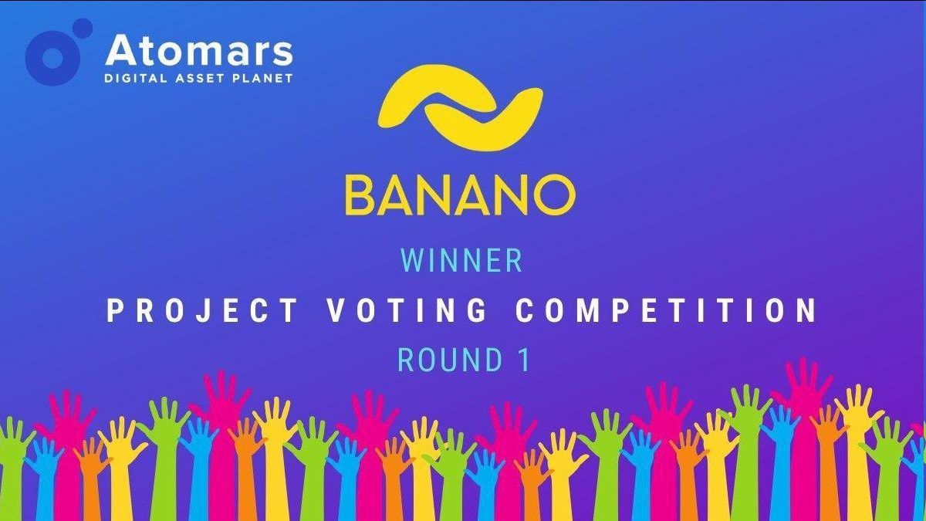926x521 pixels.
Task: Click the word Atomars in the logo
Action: [x=199, y=50]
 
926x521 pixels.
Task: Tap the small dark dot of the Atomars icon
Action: [x=82, y=28]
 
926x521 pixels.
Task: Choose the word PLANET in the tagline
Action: [x=263, y=78]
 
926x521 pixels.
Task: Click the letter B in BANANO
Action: [x=360, y=195]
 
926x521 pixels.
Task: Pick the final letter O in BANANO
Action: [x=554, y=195]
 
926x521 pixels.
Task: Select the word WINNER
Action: [x=461, y=261]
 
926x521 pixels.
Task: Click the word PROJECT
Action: [x=201, y=311]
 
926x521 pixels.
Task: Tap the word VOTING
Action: [x=407, y=311]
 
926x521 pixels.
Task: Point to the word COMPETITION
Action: [x=667, y=311]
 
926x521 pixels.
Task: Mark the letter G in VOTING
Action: [x=477, y=311]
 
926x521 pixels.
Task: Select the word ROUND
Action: [x=450, y=360]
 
